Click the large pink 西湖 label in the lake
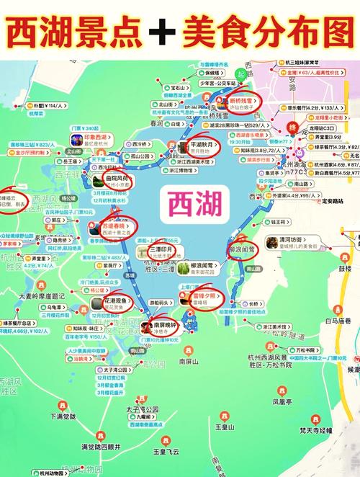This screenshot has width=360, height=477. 180,204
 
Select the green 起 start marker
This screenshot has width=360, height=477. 240,72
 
